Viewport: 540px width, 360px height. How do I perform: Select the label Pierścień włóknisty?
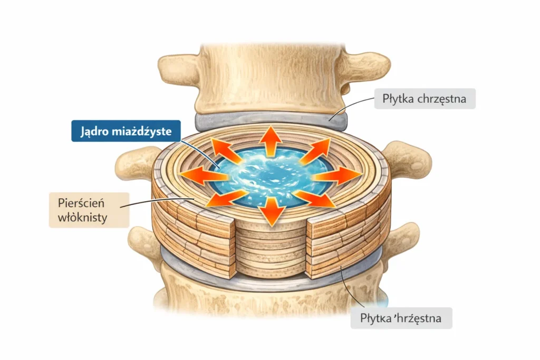click(x=89, y=209)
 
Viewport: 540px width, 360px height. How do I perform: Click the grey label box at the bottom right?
click(x=401, y=318)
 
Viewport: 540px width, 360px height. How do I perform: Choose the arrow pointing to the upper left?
click(x=226, y=150)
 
